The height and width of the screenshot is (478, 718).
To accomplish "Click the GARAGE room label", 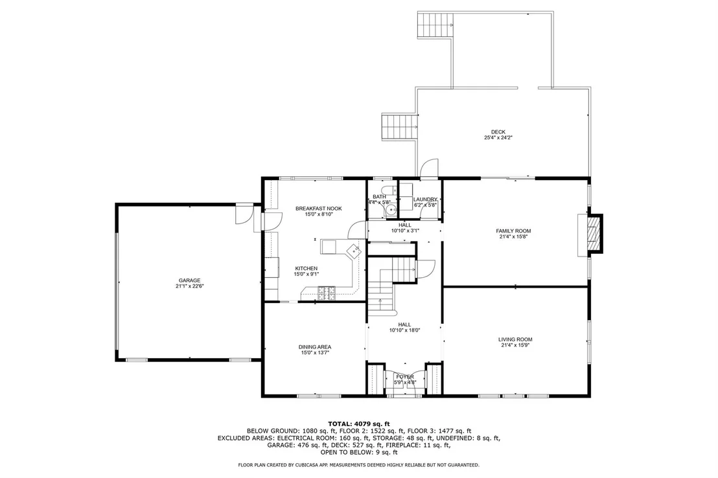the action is pyautogui.click(x=189, y=280).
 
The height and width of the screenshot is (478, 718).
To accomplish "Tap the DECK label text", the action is pyautogui.click(x=498, y=132).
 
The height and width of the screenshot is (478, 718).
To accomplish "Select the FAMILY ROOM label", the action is pyautogui.click(x=513, y=231).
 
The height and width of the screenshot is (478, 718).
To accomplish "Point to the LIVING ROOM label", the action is pyautogui.click(x=515, y=340).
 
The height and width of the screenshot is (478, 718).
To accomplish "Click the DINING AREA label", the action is pyautogui.click(x=314, y=347).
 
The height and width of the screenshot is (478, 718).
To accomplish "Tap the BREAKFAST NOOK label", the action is pyautogui.click(x=319, y=209).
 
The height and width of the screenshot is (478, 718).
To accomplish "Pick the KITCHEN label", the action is pyautogui.click(x=306, y=269).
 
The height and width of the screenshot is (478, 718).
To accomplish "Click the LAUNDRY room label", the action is pyautogui.click(x=425, y=199).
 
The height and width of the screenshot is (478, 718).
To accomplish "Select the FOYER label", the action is pyautogui.click(x=405, y=377).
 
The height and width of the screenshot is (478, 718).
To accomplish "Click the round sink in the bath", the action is pyautogui.click(x=390, y=210).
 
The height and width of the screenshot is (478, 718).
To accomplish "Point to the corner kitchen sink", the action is pyautogui.click(x=354, y=251).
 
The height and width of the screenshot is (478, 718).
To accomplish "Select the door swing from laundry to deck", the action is pyautogui.click(x=430, y=168).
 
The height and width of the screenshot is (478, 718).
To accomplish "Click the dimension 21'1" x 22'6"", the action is pyautogui.click(x=189, y=286).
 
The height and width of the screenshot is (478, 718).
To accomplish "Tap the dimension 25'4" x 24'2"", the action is pyautogui.click(x=498, y=137).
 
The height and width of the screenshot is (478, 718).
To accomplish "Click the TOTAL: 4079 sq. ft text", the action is pyautogui.click(x=359, y=424).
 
